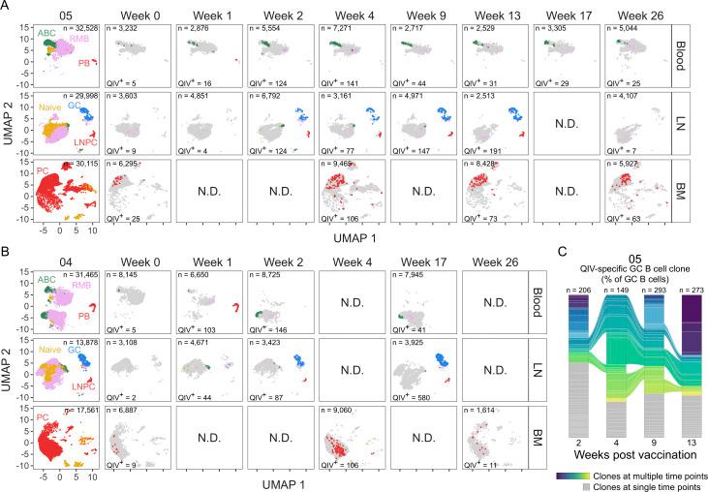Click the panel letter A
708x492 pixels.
coord(7,7)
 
